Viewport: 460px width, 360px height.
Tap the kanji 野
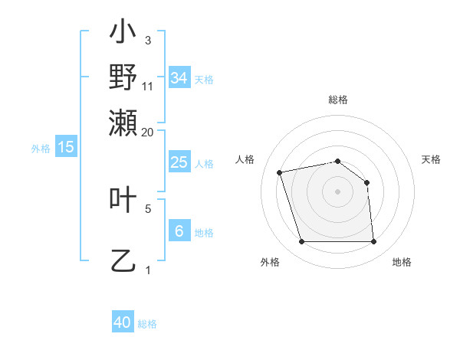point(123,77)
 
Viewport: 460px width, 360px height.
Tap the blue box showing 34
point(179,78)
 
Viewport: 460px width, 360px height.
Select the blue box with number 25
point(179,162)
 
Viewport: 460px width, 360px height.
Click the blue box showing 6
point(179,231)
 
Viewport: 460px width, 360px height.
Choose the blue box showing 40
point(123,322)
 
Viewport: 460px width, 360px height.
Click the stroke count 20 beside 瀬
point(148,132)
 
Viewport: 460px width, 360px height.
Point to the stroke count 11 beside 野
point(148,86)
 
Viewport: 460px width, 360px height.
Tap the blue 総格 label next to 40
point(148,324)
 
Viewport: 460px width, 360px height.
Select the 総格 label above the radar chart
point(338,100)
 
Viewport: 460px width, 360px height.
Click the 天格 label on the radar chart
point(432,159)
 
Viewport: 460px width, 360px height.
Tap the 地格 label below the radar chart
point(402,262)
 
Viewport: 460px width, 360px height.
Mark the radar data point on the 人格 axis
point(280,172)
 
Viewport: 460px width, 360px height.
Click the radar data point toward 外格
point(301,242)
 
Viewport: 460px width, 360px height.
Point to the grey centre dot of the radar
point(338,191)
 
